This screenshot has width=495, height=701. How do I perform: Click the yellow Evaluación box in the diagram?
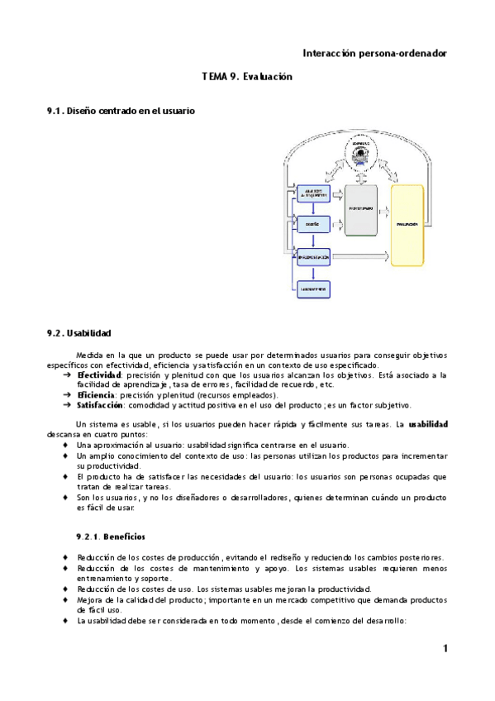click(412, 224)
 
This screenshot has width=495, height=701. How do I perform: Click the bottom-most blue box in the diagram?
click(313, 288)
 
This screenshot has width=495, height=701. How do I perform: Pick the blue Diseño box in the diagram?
click(313, 224)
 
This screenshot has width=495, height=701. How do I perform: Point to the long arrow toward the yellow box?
click(359, 257)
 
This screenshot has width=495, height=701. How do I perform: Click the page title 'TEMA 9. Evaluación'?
click(247, 76)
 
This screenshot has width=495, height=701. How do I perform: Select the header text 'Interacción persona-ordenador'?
click(374, 52)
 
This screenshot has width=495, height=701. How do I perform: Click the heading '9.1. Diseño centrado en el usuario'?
click(121, 110)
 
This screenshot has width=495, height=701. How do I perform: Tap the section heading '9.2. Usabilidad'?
click(79, 333)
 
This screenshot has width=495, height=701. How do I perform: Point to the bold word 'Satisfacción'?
click(101, 405)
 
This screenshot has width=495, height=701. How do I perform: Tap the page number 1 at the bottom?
click(444, 649)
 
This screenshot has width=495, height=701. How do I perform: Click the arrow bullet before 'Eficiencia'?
click(67, 395)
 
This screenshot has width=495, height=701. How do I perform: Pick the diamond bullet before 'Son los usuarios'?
click(66, 498)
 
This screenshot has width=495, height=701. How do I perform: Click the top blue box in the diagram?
click(313, 193)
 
